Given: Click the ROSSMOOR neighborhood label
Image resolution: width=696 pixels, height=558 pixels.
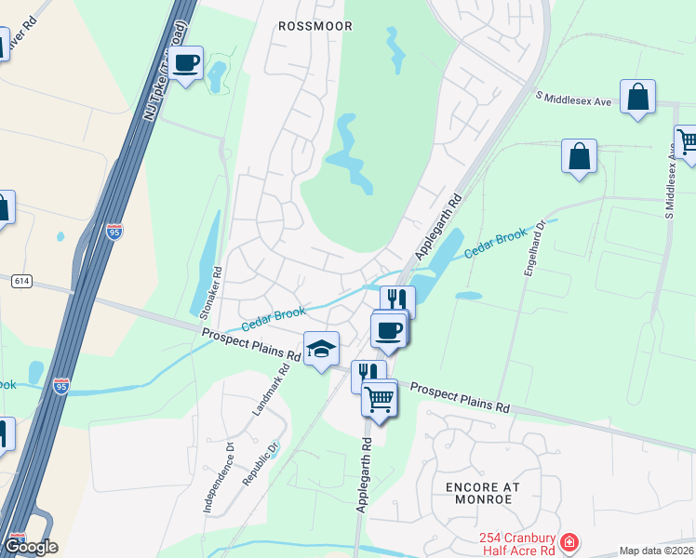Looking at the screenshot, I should coord(315,26).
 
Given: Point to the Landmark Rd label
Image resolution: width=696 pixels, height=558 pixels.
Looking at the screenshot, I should coord(271,389).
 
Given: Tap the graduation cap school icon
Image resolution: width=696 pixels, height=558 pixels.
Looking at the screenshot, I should coord(321,349).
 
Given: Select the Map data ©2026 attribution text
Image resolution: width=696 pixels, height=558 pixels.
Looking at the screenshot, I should coord(656,551).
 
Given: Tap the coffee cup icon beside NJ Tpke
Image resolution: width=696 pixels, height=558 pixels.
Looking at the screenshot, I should coord(187,63).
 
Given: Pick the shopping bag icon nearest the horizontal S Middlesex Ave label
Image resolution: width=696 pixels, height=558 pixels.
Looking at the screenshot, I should coord(637,97).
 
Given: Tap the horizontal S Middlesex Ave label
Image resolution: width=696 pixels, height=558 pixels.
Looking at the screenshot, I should coord(573,99).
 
